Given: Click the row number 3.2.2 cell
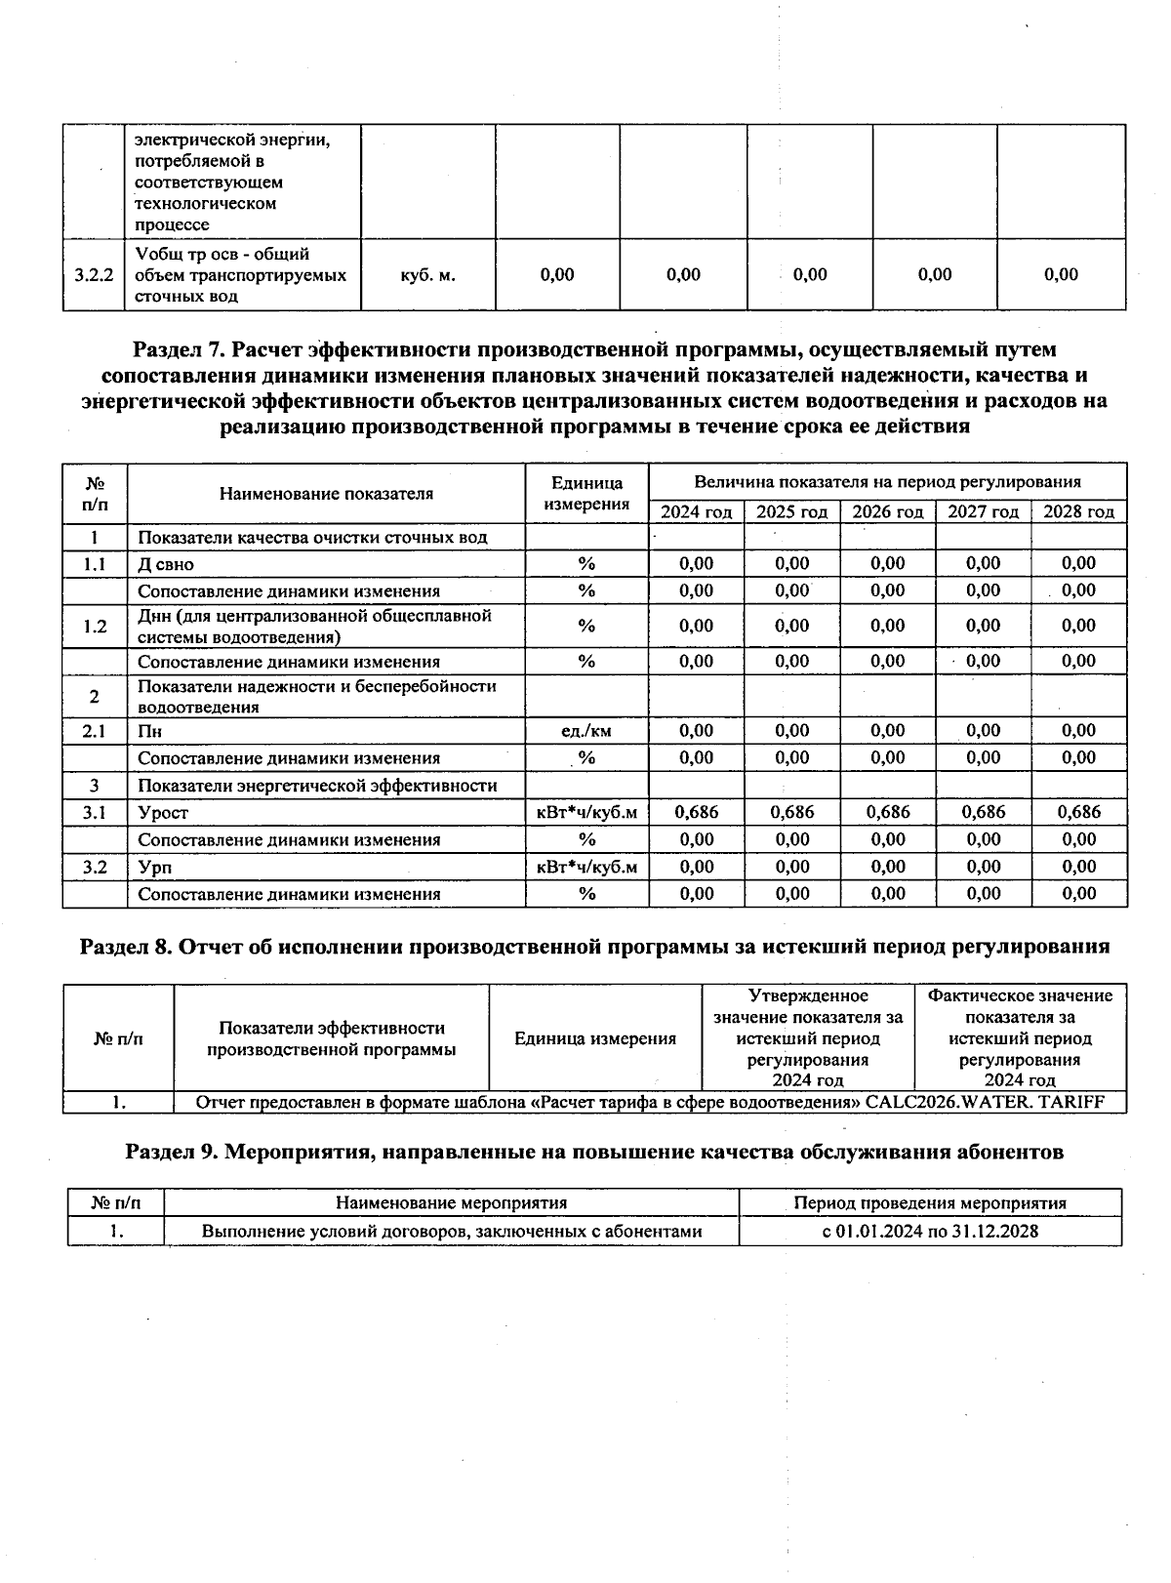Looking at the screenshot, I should pyautogui.click(x=94, y=275).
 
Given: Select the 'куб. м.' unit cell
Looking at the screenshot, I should pyautogui.click(x=427, y=275).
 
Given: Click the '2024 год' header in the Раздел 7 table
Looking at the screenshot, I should pyautogui.click(x=696, y=512).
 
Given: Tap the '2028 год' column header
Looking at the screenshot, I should pyautogui.click(x=1078, y=512).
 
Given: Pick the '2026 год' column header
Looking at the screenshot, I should pyautogui.click(x=887, y=512).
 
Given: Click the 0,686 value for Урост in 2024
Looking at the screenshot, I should pyautogui.click(x=696, y=812).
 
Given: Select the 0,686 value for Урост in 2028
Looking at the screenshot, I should pyautogui.click(x=1078, y=812).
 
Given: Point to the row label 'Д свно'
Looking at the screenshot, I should pyautogui.click(x=166, y=564).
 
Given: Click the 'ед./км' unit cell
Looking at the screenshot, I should pyautogui.click(x=586, y=731).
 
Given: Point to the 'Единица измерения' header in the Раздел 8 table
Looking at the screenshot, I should pyautogui.click(x=594, y=1038).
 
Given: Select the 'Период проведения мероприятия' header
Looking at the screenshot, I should pyautogui.click(x=929, y=1203).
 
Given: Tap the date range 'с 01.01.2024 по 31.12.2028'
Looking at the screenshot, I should pyautogui.click(x=929, y=1231).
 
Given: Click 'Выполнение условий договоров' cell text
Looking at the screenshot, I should pyautogui.click(x=451, y=1231).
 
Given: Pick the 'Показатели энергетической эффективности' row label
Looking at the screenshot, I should pyautogui.click(x=317, y=786).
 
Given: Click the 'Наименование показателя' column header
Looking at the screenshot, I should pyautogui.click(x=326, y=494).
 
